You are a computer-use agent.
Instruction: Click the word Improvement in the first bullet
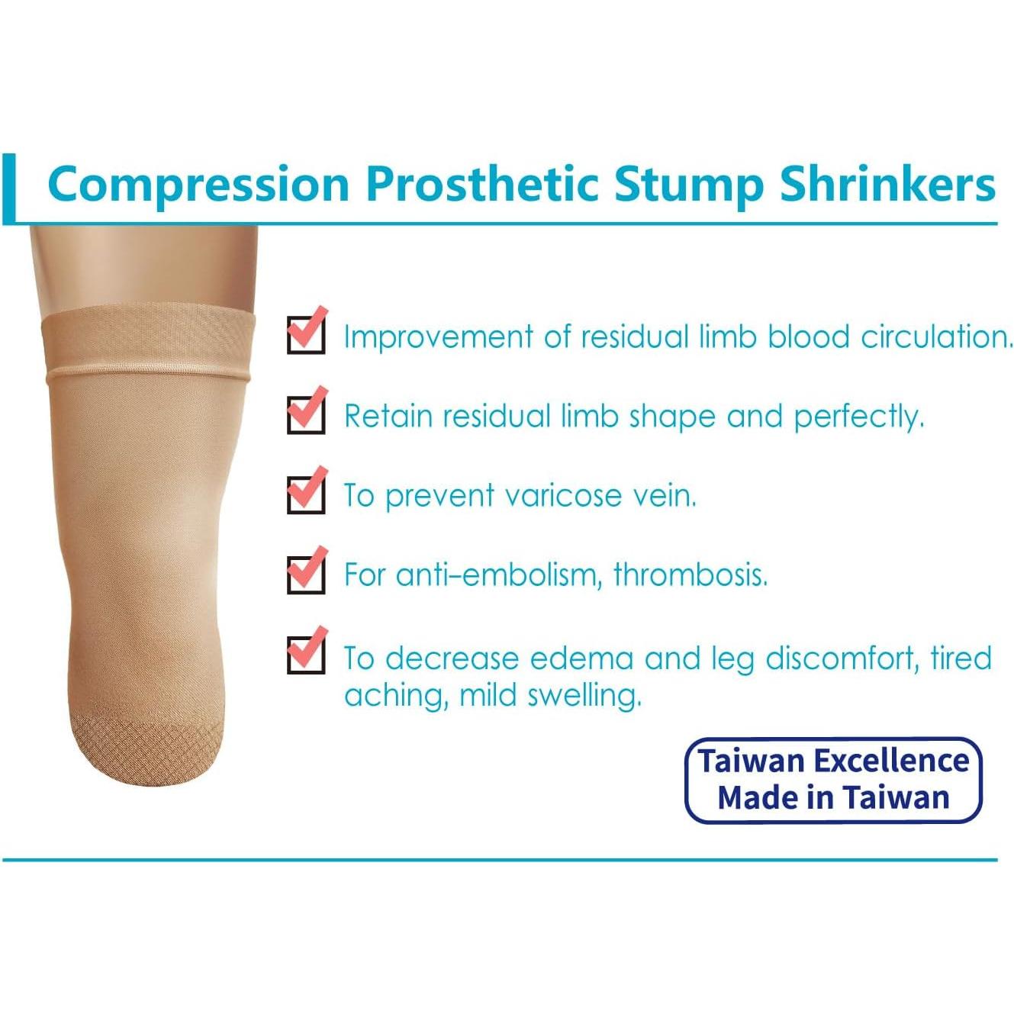pyautogui.click(x=438, y=336)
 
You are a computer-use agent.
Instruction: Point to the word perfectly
pyautogui.click(x=859, y=417)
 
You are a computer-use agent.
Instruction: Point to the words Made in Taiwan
pyautogui.click(x=833, y=797)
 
